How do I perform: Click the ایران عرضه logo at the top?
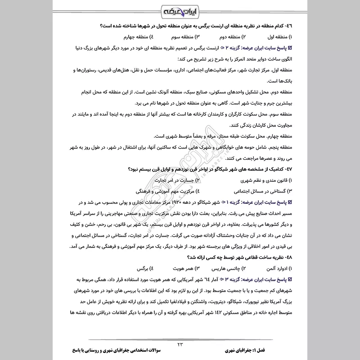pos(180,10)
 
